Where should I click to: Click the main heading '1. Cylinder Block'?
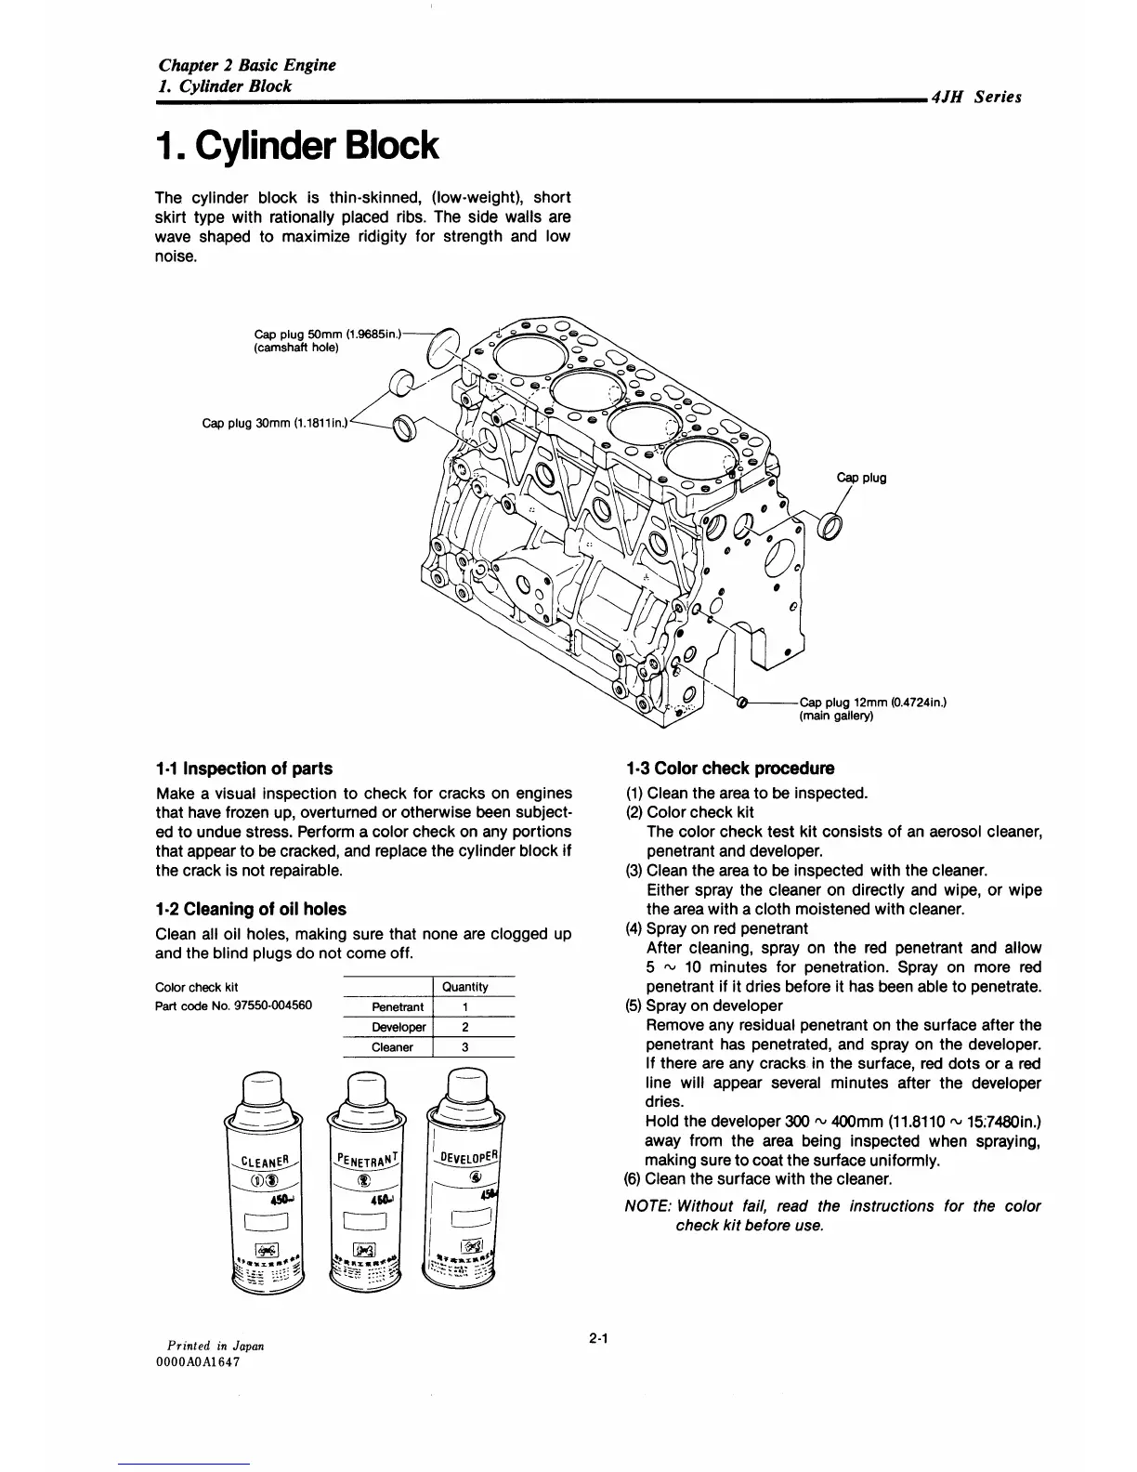295,146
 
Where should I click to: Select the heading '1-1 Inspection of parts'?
243,769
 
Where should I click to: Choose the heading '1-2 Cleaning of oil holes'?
251,909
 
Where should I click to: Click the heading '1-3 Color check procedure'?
730,769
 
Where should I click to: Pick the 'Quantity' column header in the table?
464,987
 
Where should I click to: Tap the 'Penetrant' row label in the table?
398,1007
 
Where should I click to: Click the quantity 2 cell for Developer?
464,1027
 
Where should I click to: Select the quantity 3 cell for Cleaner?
464,1047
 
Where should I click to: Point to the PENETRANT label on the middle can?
365,1157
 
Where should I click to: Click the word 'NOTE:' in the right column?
648,1206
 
